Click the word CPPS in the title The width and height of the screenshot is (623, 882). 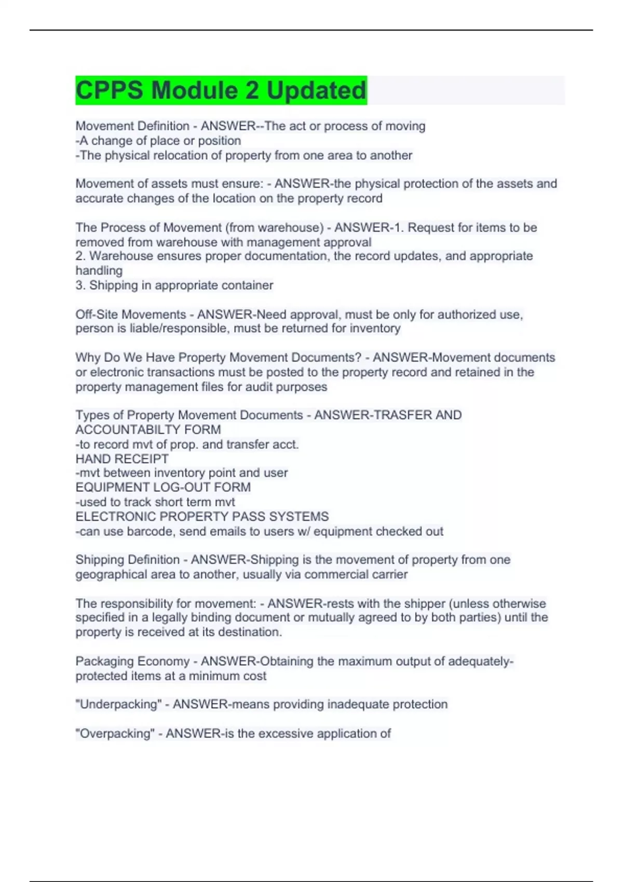(x=109, y=90)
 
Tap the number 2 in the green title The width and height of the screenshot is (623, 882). (x=252, y=90)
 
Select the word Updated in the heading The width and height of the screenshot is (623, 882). (x=316, y=90)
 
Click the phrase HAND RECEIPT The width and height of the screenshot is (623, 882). (x=122, y=459)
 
